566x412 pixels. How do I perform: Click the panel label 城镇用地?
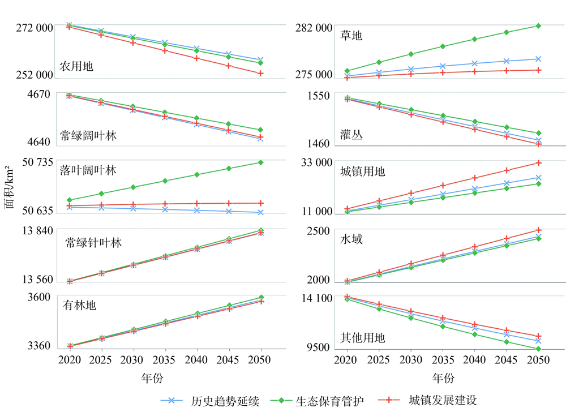click(362, 171)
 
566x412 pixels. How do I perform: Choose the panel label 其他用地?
click(362, 338)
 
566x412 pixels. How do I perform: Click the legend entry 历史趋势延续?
click(225, 401)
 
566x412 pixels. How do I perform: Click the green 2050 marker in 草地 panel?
click(538, 25)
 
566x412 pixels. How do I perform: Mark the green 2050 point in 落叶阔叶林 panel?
click(260, 162)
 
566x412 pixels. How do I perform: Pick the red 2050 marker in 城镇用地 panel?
click(538, 163)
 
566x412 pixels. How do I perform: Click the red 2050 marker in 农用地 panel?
click(260, 73)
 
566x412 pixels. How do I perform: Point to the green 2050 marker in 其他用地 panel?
click(538, 349)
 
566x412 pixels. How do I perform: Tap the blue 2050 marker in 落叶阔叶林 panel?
click(260, 212)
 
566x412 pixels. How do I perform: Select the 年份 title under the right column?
click(443, 377)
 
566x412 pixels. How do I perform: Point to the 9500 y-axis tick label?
click(319, 347)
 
